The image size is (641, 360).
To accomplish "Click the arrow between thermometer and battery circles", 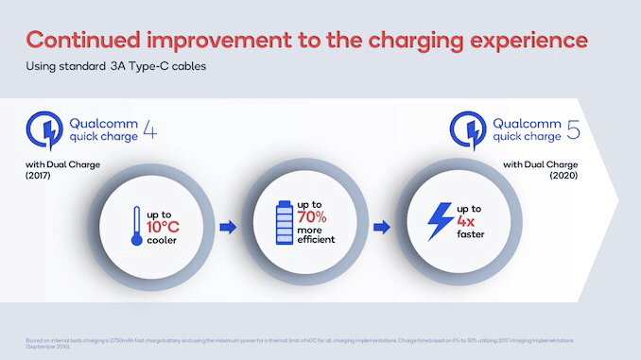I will coord(226,228).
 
